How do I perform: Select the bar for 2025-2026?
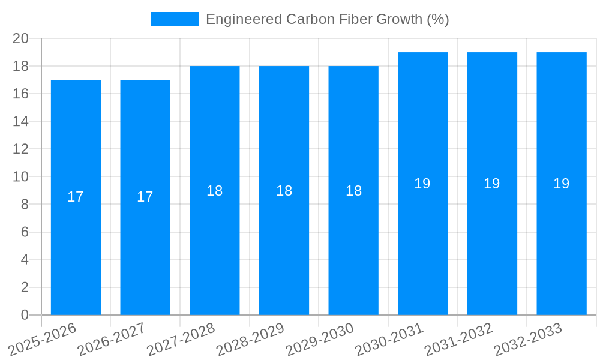pos(76,198)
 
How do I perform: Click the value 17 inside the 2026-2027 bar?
pos(145,197)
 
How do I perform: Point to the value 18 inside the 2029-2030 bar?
pos(353,191)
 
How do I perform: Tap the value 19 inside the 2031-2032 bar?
pos(492,184)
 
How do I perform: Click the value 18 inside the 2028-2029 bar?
pos(284,191)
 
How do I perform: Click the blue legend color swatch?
pos(174,19)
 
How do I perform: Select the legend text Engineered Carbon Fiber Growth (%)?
pos(327,19)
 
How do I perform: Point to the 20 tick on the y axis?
pos(21,38)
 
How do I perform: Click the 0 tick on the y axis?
pos(25,315)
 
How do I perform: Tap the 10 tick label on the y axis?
pos(21,177)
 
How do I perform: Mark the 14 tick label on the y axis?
pos(21,122)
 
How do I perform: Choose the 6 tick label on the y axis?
pos(25,232)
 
